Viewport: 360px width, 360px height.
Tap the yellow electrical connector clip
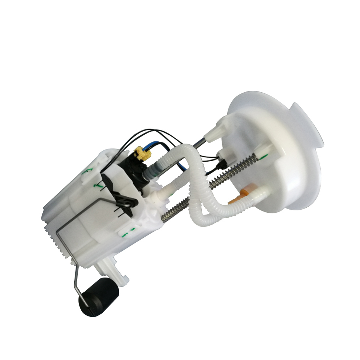coord(142,153)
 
